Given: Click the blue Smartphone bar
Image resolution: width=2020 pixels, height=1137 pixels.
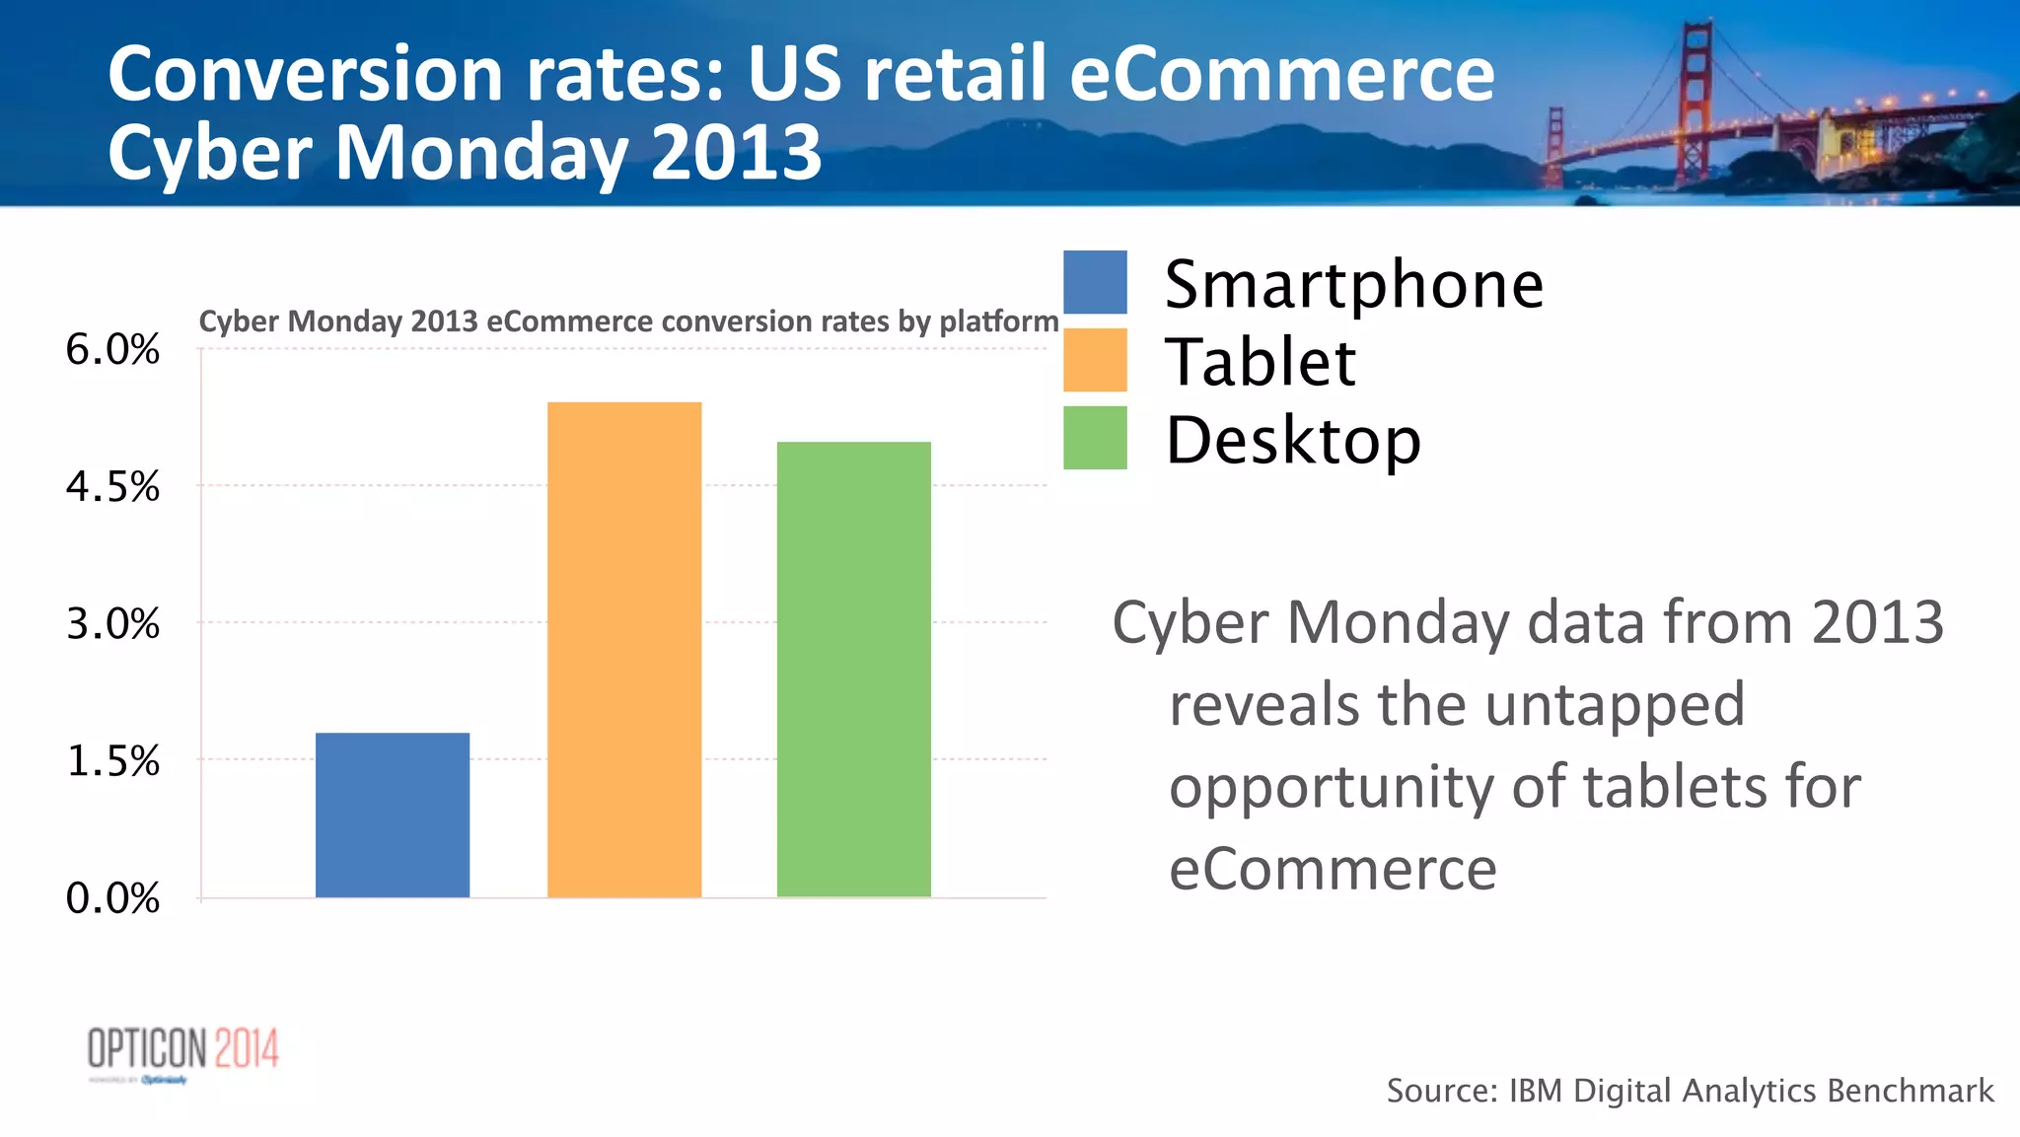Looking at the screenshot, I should coord(393,815).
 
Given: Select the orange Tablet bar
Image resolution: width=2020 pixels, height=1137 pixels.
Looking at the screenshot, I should coord(624,650).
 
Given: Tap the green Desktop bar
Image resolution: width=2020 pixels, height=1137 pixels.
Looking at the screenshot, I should coord(854,670).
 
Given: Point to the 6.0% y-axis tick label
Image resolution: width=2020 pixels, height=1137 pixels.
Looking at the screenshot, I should coord(112,350).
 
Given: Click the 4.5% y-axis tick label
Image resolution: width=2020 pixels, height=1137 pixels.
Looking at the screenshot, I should coord(112,487).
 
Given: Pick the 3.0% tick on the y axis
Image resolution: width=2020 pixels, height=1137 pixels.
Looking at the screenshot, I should coord(112,624).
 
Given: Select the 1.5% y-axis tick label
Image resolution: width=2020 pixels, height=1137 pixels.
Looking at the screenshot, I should coord(112,761).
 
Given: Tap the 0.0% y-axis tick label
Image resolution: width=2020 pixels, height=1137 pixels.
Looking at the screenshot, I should coord(112,898).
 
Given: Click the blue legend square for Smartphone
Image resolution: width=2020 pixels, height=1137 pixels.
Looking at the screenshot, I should coord(1095,282).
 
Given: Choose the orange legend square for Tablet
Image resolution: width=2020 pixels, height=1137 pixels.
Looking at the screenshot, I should coord(1095,360).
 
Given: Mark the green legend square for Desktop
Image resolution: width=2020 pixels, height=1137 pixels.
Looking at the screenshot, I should coord(1095,438).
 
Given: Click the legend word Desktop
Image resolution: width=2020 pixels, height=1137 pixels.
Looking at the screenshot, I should coord(1292,440).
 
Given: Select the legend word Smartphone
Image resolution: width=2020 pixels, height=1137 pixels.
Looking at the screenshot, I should coord(1353,285).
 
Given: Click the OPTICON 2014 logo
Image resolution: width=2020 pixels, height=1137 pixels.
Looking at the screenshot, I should coord(183,1051).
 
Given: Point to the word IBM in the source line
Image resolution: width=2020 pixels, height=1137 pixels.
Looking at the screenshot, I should coord(1536,1091).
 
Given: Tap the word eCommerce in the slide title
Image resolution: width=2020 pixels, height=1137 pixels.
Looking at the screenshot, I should coord(1281,75).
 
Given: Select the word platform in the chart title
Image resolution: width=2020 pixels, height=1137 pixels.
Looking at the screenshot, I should coord(998,321).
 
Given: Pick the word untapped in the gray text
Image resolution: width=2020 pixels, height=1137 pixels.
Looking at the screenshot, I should coord(1615,705).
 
